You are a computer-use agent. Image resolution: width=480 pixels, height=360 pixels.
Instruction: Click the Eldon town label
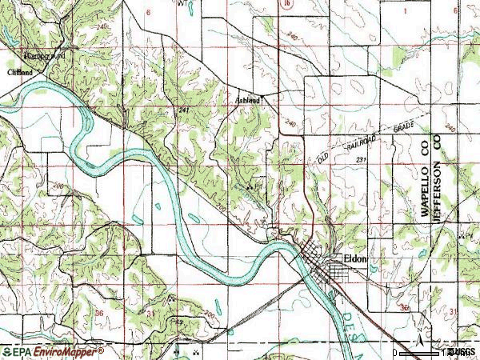[x=354, y=258]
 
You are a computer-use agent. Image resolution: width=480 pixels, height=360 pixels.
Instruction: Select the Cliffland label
[x=21, y=72]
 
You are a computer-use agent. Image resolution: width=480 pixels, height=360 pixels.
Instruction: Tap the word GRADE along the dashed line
[x=406, y=126]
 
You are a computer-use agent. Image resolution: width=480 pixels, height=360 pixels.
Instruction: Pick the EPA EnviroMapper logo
[x=53, y=351]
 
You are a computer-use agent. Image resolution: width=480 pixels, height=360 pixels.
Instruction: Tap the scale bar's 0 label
[x=395, y=352]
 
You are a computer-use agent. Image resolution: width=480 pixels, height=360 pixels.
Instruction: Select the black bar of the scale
[x=420, y=351]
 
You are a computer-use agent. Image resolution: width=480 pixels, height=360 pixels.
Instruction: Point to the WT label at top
[x=184, y=4]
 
